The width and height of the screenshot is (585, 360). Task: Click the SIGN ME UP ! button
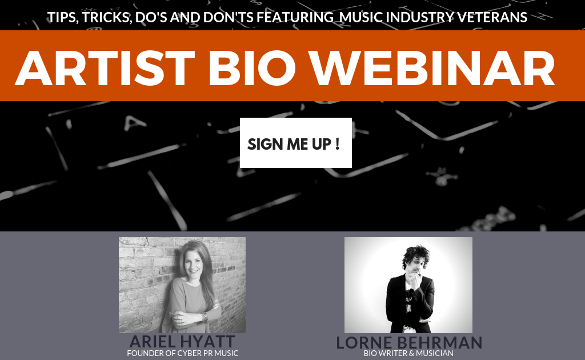point(296,143)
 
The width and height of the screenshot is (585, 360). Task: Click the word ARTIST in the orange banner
point(105,68)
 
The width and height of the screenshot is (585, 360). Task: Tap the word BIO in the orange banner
point(252,68)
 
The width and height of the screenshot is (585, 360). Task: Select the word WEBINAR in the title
point(433,68)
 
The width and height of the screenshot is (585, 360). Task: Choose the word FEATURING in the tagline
point(295,17)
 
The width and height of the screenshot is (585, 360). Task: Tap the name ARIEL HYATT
point(182,341)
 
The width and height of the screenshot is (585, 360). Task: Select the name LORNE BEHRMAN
point(409,342)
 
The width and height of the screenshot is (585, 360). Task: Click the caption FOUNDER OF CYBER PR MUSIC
point(182,353)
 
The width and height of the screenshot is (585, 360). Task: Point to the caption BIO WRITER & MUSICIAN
point(408,353)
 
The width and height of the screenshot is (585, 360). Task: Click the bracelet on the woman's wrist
point(205,318)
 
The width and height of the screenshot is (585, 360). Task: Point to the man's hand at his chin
point(414,279)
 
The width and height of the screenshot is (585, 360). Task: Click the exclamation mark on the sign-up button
point(337,143)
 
